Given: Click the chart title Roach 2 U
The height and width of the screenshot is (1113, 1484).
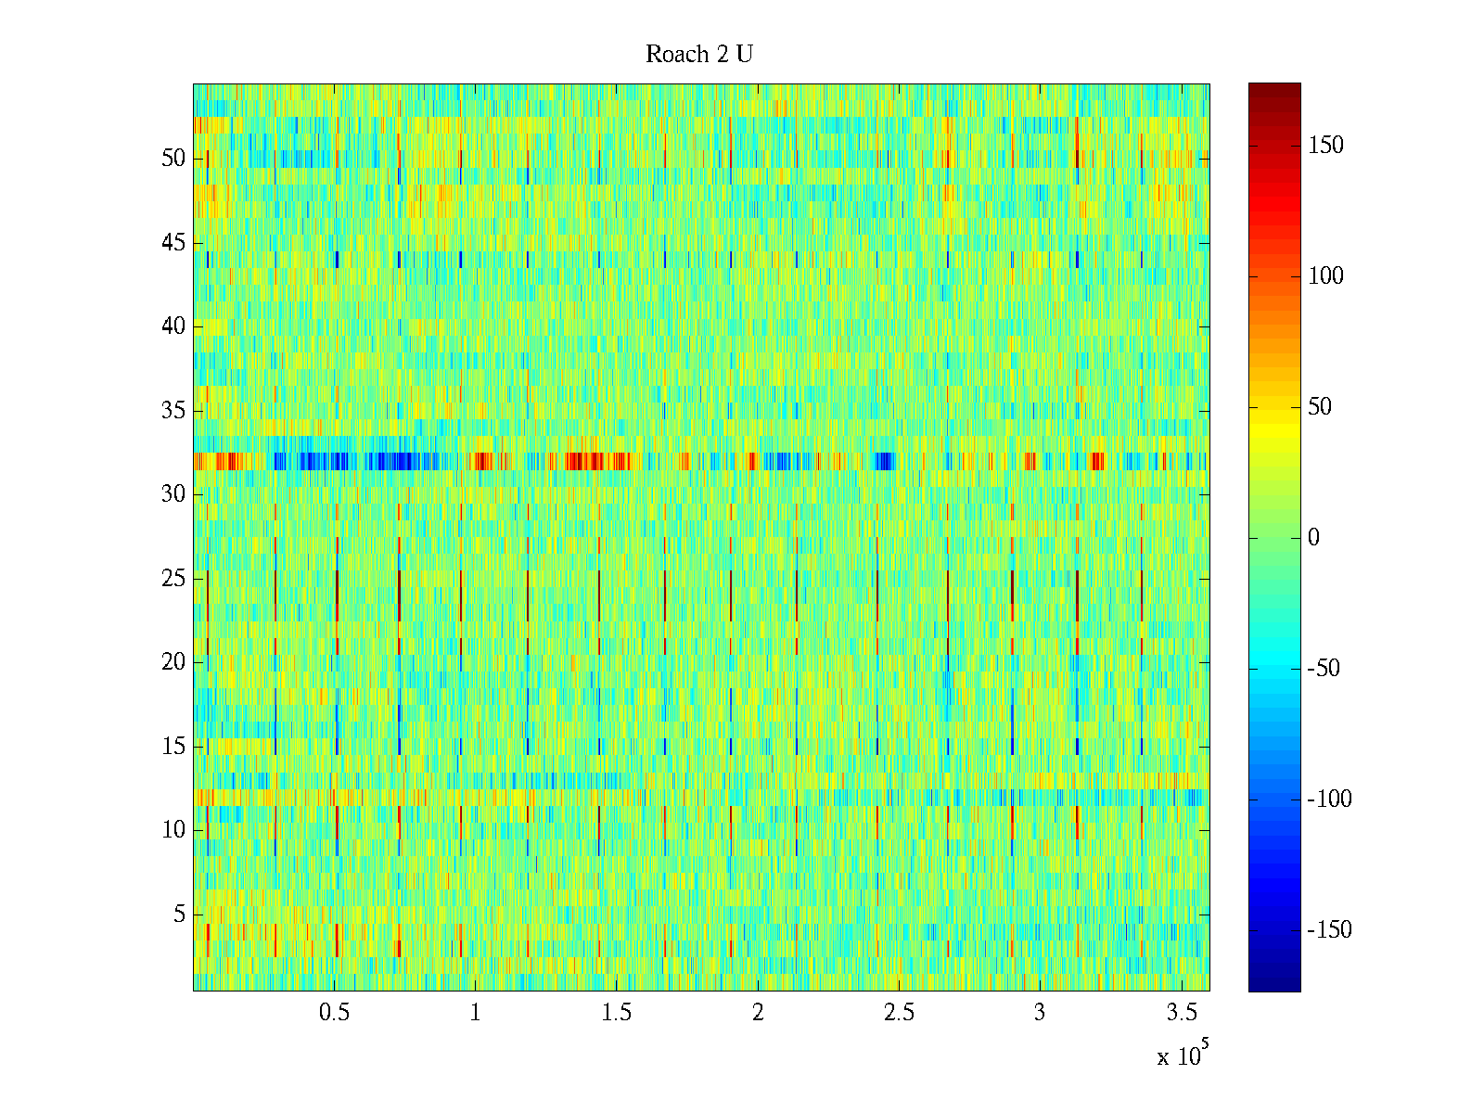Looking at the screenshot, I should point(699,55).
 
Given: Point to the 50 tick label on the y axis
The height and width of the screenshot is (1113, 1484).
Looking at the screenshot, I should point(173,159).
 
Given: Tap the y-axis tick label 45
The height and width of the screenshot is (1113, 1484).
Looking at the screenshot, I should point(173,243).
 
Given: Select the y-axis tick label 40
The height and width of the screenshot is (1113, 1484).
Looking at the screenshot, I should point(173,326).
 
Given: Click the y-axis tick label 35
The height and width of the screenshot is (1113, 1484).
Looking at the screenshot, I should point(173,411).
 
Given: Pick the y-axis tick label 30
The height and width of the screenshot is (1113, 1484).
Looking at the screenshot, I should point(173,494).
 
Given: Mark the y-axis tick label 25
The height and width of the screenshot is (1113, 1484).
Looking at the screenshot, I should point(173,579).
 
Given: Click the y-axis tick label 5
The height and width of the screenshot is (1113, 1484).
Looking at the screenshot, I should point(179,915).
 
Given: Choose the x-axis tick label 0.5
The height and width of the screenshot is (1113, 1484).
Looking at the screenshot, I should point(334,1013).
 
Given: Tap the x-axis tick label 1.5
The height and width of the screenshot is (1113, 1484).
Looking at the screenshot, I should point(617,1013).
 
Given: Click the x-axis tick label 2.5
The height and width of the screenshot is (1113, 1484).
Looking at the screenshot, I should point(899,1013).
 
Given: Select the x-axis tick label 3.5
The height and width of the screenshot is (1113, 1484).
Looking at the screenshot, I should point(1182,1013).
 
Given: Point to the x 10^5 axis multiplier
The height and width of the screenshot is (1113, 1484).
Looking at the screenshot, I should point(1182,1055).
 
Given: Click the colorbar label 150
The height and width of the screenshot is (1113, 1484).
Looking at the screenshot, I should point(1325,146).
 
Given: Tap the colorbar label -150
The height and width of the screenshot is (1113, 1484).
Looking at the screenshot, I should point(1329,930).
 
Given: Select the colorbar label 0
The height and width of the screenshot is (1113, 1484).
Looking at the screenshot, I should point(1313,538).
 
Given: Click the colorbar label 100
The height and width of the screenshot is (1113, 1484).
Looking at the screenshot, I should point(1325,276).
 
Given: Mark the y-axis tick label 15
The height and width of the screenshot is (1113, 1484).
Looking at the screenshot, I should point(173,747).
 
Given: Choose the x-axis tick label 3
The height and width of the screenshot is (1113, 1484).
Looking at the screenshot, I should point(1040,1013).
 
